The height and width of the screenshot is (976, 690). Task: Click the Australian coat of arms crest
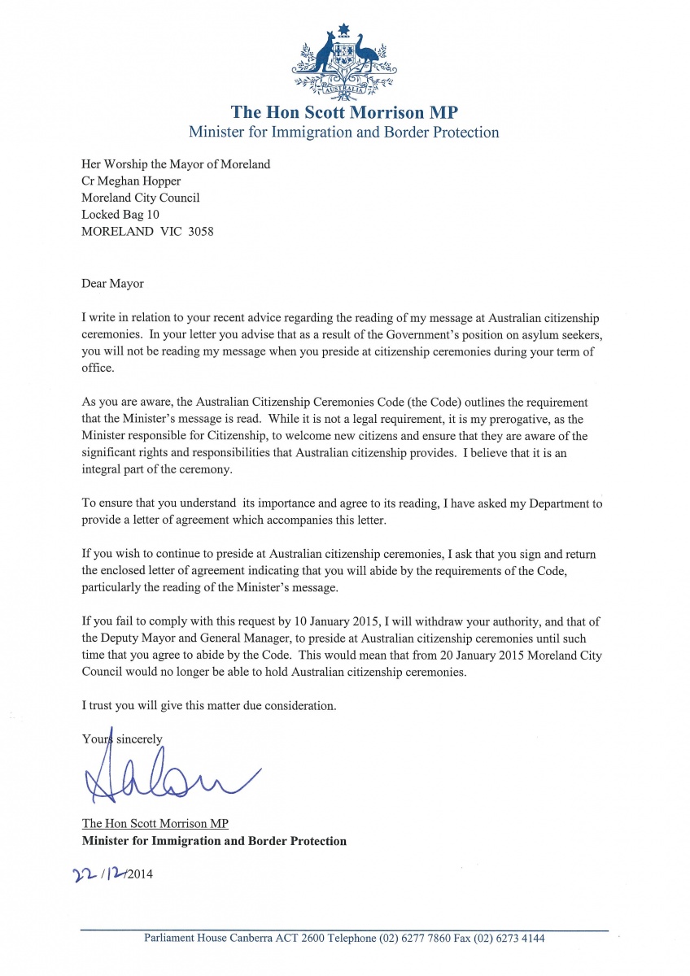pos(344,59)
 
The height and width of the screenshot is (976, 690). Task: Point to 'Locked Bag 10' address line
pos(120,214)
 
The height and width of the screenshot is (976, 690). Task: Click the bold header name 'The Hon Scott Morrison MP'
pos(344,111)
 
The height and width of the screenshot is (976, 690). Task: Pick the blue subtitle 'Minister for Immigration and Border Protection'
pos(344,132)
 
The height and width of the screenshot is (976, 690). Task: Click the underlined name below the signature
pos(155,824)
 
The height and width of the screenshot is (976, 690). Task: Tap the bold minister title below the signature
pos(214,841)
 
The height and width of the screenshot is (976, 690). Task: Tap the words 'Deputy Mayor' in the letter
pos(138,638)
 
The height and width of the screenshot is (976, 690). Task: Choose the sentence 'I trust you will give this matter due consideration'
pos(209,706)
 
